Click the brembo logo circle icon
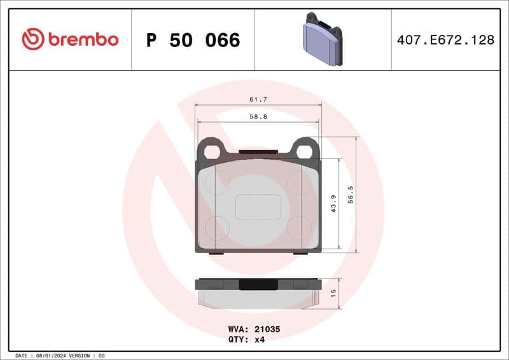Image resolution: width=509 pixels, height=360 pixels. pyautogui.click(x=33, y=39)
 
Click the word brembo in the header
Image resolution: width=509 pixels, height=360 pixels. pyautogui.click(x=82, y=39)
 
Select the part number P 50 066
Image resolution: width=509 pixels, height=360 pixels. pyautogui.click(x=193, y=40)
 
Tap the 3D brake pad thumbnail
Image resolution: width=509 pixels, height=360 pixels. pyautogui.click(x=322, y=39)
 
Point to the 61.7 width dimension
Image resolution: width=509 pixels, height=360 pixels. pyautogui.click(x=258, y=99)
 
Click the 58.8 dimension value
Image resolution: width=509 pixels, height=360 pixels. pyautogui.click(x=258, y=116)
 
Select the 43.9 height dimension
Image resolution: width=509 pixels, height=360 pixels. pyautogui.click(x=333, y=204)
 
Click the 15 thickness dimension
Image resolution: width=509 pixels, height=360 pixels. pyautogui.click(x=333, y=293)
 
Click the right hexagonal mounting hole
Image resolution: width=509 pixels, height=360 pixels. pyautogui.click(x=305, y=151)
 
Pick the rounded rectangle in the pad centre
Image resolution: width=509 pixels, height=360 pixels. pyautogui.click(x=258, y=207)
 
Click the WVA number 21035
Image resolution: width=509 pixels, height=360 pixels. pyautogui.click(x=267, y=329)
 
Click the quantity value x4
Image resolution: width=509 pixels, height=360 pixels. pyautogui.click(x=259, y=340)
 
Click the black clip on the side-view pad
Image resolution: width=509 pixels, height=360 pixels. pyautogui.click(x=258, y=284)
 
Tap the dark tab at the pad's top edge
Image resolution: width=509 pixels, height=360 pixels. pyautogui.click(x=258, y=152)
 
